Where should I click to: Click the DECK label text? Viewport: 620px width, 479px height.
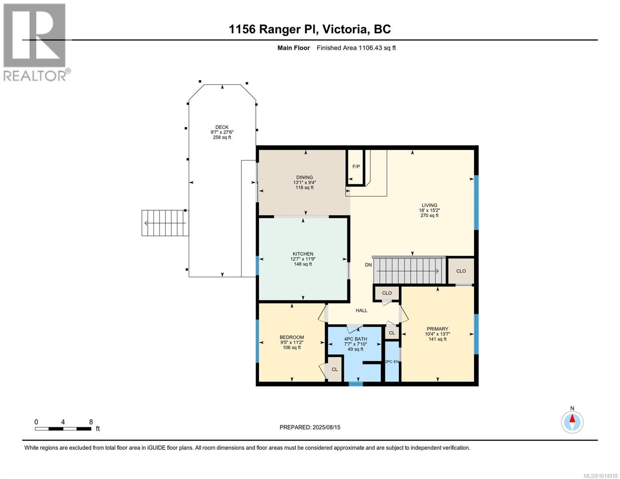point(222,127)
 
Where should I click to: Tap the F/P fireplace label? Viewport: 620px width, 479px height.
point(356,166)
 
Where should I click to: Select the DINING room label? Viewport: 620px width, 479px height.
point(305,178)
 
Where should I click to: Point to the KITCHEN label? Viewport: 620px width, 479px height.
point(303,254)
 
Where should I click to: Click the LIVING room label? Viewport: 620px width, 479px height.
point(430,205)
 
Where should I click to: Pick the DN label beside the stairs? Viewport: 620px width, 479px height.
point(368,265)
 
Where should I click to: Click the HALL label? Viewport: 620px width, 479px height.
point(361,311)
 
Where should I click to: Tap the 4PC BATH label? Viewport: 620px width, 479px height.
point(355,339)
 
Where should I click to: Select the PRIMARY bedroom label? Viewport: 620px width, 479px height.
point(438,329)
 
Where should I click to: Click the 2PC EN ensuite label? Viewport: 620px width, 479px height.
point(392,362)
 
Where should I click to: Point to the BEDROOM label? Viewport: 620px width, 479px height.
point(291,337)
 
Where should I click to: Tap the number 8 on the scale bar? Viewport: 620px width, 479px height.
point(91,422)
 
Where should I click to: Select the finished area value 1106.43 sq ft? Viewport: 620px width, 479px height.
point(377,48)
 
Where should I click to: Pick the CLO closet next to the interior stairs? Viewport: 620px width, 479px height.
point(461,271)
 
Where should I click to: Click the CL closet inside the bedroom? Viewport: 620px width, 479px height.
point(335,369)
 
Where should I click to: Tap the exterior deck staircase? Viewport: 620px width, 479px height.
point(165,223)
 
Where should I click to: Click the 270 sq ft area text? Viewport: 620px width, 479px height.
point(430,216)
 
